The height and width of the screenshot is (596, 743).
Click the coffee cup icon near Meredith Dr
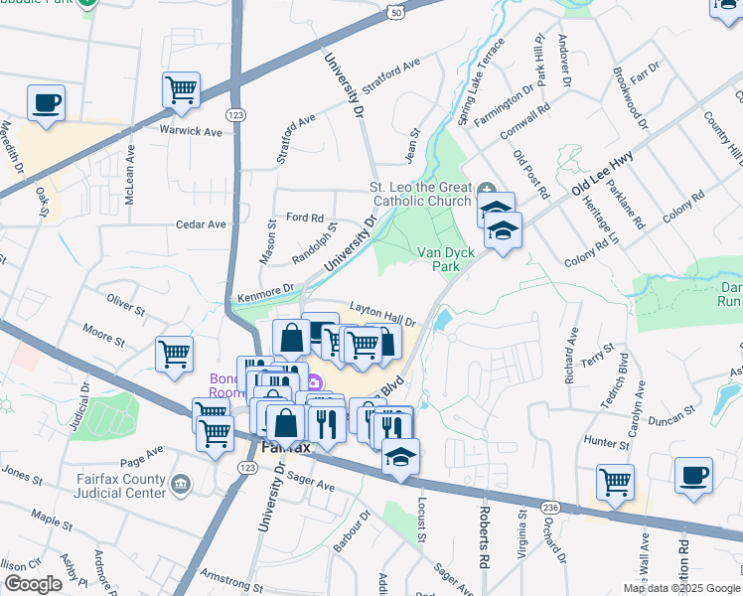pos(46,103)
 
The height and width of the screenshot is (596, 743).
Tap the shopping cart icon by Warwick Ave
pos(181,90)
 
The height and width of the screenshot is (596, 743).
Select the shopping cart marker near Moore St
pos(174,354)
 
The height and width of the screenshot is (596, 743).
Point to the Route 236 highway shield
pos(548,508)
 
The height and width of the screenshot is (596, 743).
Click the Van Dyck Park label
pos(445,260)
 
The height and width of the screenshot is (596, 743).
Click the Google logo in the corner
pos(35,583)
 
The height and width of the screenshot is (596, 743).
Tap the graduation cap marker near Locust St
pos(400,456)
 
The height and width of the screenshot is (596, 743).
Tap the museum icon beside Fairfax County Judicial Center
pos(181,485)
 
